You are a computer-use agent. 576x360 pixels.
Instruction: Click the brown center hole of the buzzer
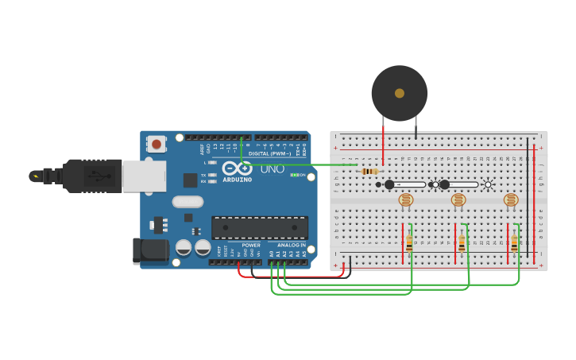point(399,93)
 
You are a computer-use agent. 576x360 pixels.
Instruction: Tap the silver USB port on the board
point(144,176)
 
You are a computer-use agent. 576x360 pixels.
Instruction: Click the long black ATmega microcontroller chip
point(259,227)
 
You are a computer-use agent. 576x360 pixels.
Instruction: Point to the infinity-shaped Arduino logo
point(237,168)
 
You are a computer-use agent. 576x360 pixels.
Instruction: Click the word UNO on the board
point(273,168)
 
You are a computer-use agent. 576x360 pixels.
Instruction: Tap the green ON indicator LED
point(294,175)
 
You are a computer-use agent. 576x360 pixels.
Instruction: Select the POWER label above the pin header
point(251,245)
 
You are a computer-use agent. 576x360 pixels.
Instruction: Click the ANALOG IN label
point(291,245)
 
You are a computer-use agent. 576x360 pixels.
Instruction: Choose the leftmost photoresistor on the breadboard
point(406,200)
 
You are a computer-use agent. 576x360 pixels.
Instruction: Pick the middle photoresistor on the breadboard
point(458,200)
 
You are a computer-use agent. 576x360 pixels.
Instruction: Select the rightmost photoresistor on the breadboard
point(511,200)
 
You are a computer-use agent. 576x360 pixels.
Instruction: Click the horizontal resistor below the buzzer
point(369,172)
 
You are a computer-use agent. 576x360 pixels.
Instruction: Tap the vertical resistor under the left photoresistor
point(409,242)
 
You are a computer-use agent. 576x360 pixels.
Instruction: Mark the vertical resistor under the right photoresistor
point(514,242)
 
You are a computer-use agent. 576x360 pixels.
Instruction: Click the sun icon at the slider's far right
point(489,184)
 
